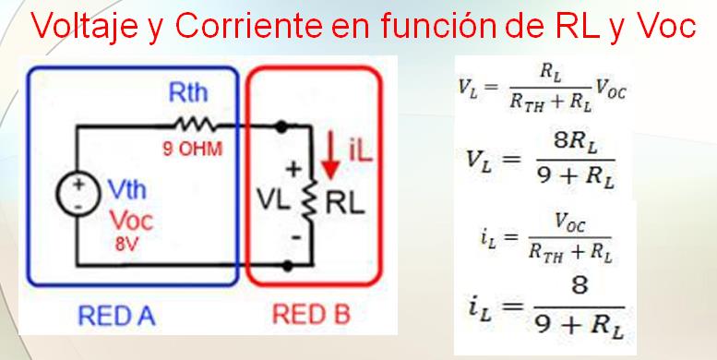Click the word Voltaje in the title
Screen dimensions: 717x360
point(85,26)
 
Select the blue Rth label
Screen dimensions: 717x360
point(187,93)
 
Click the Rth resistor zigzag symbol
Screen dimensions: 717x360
point(194,125)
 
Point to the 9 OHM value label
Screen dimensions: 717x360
point(193,150)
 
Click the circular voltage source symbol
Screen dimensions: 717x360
point(78,195)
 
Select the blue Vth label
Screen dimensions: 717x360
point(127,190)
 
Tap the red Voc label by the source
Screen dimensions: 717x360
point(132,221)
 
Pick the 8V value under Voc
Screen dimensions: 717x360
point(126,245)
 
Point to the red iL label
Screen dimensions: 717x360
point(361,152)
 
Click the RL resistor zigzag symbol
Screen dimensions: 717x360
point(312,198)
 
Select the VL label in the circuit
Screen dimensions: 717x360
point(273,201)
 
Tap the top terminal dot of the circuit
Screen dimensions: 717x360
point(281,126)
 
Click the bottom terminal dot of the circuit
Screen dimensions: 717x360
point(287,265)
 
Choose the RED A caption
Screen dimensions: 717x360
point(116,316)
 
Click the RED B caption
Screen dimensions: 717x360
point(311,315)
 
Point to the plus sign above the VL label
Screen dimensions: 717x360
point(294,170)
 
